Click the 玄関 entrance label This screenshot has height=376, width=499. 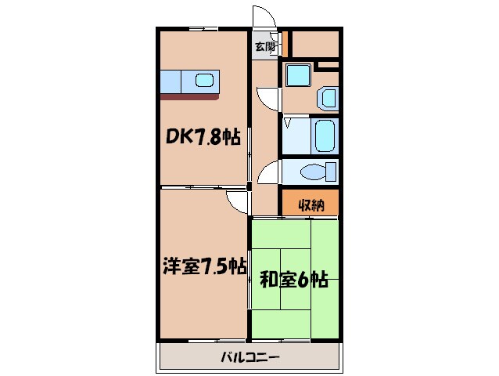click(x=264, y=46)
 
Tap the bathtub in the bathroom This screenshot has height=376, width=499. click(x=324, y=136)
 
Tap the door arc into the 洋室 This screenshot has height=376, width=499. click(x=234, y=202)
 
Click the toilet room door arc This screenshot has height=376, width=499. click(x=268, y=172)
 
